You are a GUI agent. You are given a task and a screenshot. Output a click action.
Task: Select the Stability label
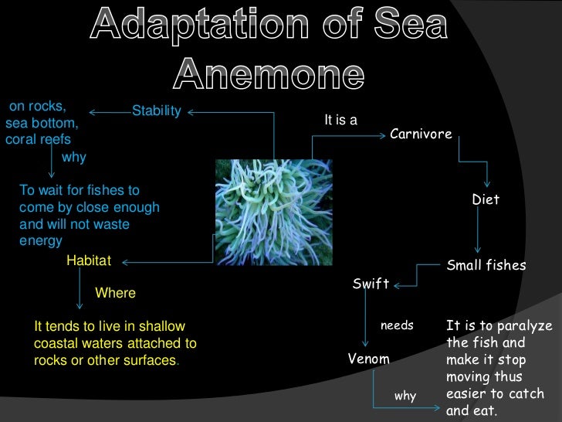point(156,111)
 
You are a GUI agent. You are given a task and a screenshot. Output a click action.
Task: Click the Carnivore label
point(421,134)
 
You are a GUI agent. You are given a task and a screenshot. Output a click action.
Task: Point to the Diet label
point(486,199)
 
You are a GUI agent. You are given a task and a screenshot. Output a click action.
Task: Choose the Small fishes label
point(486,265)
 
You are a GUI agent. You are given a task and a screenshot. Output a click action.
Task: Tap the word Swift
point(371,284)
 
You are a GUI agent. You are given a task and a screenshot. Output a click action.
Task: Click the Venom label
point(368,359)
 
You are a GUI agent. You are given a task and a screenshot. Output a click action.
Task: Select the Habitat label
point(89,261)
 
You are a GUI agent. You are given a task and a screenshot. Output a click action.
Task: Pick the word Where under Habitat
point(115,293)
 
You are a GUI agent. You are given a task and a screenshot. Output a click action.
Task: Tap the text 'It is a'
point(340,121)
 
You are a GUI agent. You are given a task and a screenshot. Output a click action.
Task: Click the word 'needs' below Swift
point(398,325)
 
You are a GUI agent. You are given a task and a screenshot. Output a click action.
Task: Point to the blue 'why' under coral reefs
point(74,157)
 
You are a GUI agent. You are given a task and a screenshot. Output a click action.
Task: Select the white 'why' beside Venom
point(405,396)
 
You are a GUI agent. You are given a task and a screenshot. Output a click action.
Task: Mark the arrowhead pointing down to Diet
point(486,185)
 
